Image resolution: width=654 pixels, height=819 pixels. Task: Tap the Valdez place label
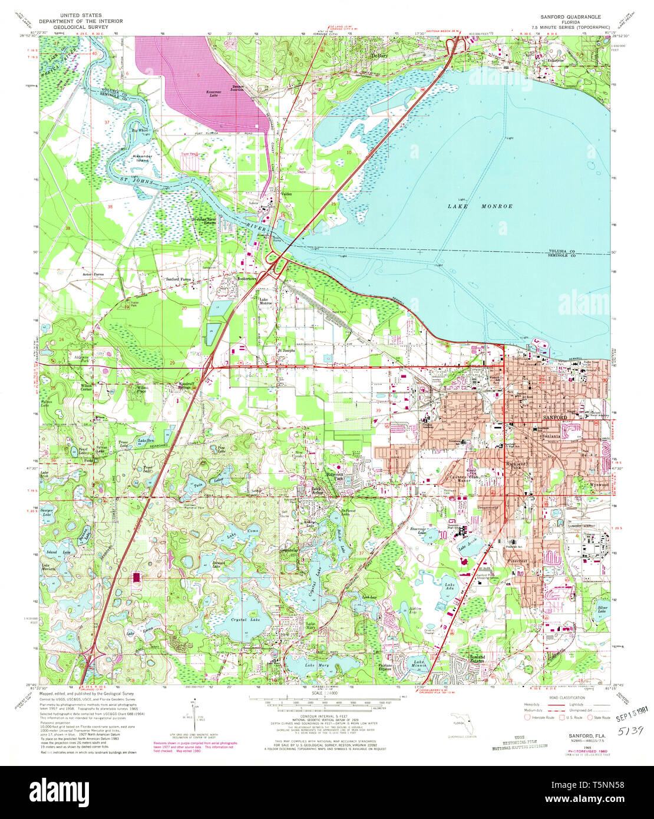(x=286, y=194)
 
